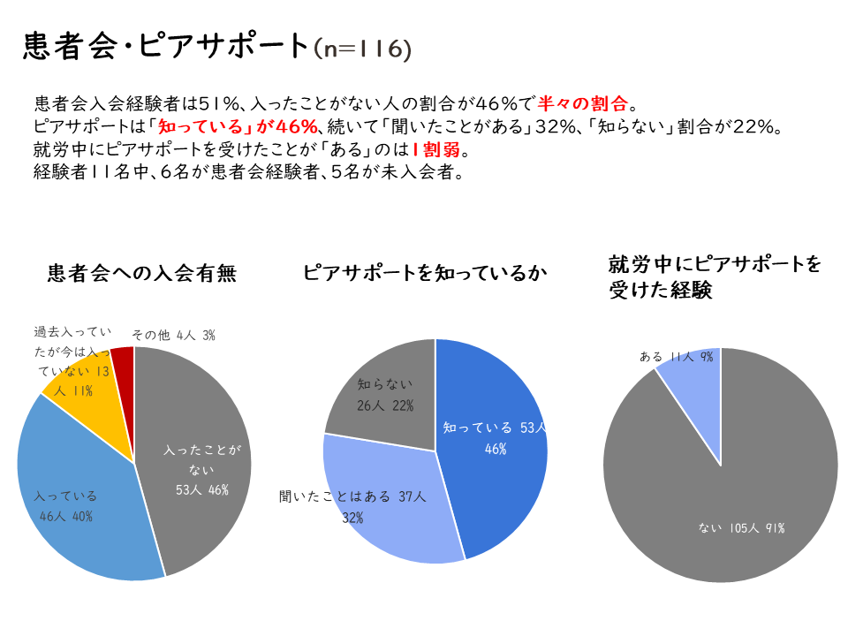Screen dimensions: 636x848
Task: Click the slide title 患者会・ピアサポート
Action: (165, 46)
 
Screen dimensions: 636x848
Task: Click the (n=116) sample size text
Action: (362, 49)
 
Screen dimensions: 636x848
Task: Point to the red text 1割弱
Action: (435, 148)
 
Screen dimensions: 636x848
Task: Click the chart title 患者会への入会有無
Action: (142, 273)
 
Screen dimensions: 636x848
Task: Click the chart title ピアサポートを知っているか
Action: (425, 273)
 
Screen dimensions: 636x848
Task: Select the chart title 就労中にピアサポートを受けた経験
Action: (715, 276)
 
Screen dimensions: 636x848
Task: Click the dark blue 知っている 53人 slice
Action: (495, 442)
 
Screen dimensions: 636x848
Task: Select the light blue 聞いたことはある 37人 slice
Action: (389, 503)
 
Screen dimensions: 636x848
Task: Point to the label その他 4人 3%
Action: (173, 336)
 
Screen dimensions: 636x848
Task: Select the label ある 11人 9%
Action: (677, 357)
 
